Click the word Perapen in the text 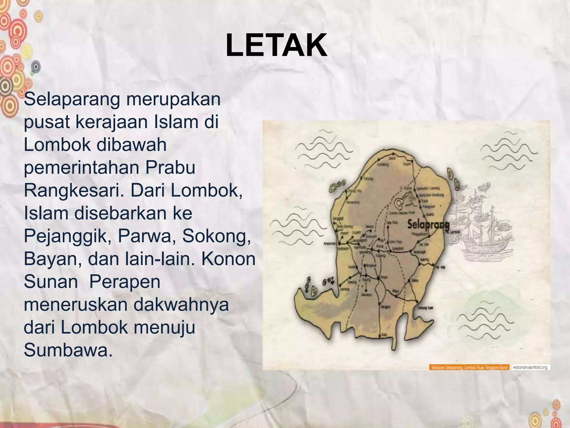click(125, 282)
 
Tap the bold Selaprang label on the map click(428, 225)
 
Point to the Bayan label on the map click(407, 164)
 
